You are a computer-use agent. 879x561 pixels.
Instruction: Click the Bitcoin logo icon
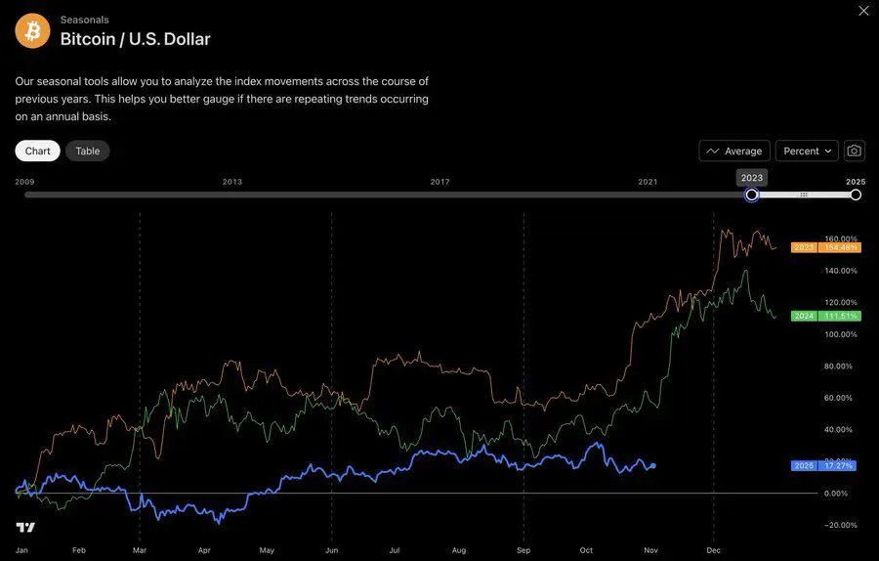(32, 31)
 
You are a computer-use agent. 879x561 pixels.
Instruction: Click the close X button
(862, 11)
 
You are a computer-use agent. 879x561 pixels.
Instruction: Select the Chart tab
(38, 151)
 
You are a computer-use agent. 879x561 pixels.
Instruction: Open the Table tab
(88, 151)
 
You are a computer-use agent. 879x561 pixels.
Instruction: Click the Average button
(734, 151)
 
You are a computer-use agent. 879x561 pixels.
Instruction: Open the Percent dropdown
(807, 151)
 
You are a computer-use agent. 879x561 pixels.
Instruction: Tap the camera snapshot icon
(855, 151)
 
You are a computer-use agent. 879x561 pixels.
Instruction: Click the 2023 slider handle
(752, 194)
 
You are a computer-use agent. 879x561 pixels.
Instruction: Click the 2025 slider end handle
(856, 194)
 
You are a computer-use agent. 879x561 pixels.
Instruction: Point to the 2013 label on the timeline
(232, 182)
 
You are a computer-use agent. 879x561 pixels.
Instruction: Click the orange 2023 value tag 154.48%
(839, 247)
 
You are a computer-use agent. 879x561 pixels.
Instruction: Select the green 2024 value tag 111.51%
(839, 316)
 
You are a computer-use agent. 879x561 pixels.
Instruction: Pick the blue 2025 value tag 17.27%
(839, 465)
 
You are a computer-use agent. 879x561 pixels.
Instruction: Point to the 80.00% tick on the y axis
(839, 367)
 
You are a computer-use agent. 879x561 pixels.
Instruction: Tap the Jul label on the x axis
(395, 550)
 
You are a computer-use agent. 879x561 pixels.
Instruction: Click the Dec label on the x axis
(713, 550)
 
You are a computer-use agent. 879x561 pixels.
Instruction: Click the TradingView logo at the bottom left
(25, 528)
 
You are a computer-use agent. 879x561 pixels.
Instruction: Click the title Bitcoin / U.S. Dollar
(135, 39)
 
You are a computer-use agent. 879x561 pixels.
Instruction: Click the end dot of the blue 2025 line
(652, 465)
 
